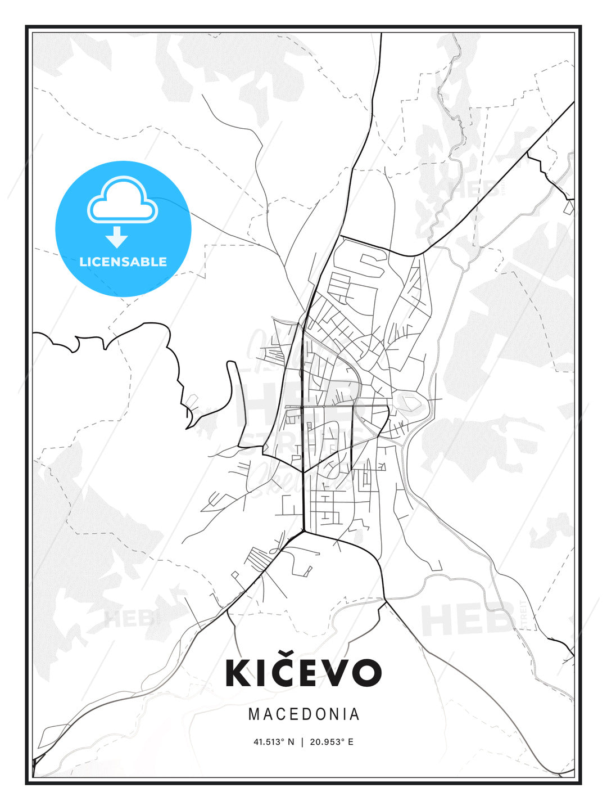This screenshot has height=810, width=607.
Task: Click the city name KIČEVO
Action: (303, 672)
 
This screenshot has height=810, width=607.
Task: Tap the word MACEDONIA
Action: (303, 714)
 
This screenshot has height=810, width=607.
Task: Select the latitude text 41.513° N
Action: (274, 742)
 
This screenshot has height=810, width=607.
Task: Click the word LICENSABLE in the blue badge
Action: (123, 262)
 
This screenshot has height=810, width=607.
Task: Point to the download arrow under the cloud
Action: (117, 237)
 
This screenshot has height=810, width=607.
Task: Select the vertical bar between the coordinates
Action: (303, 742)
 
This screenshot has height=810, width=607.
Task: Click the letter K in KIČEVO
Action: (237, 673)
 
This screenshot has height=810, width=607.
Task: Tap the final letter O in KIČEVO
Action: (366, 673)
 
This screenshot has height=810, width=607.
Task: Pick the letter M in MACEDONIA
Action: (254, 714)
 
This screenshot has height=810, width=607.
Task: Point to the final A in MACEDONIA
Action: (355, 714)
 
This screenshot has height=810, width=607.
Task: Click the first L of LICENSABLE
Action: (83, 262)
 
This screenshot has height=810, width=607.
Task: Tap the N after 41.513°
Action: (291, 742)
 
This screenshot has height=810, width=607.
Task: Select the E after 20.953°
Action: (351, 742)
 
